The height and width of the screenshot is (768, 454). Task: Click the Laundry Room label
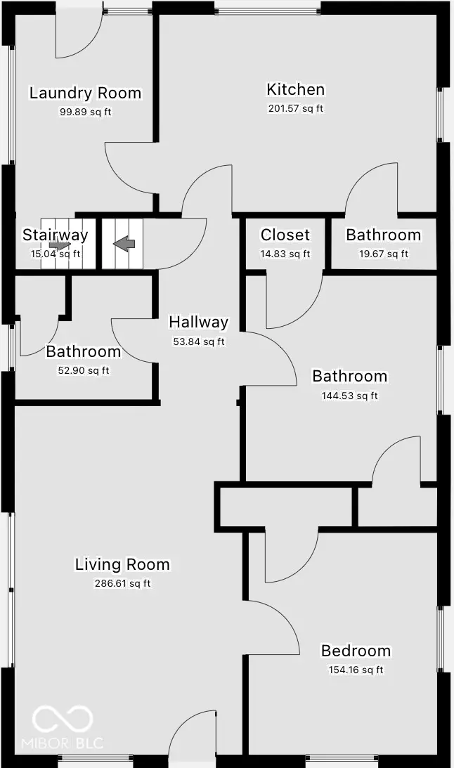point(85,93)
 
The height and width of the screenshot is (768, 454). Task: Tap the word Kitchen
point(295,89)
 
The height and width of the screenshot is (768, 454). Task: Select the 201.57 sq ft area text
point(295,108)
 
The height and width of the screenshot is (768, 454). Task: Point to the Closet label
point(285,235)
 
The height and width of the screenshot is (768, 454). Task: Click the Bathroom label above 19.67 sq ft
point(383,235)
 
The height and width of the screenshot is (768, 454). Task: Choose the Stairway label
point(55,235)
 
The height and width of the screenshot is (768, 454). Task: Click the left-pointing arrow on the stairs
point(124,244)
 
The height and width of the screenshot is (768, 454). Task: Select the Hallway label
point(198,322)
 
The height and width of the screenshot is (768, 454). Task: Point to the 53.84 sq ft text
point(198,341)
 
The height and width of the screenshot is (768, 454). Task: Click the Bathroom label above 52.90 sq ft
point(83,351)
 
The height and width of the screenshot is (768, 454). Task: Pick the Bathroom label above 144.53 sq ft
point(349,376)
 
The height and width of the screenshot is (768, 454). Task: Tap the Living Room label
point(122,564)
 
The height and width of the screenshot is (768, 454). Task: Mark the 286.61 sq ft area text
point(122,583)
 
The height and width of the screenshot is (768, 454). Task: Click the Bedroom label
point(356,651)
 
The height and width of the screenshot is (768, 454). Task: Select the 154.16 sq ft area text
point(356,670)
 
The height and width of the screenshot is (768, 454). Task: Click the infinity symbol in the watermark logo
point(63,718)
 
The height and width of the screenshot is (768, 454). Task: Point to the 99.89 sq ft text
point(85,112)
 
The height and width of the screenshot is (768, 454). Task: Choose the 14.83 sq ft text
point(285,254)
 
